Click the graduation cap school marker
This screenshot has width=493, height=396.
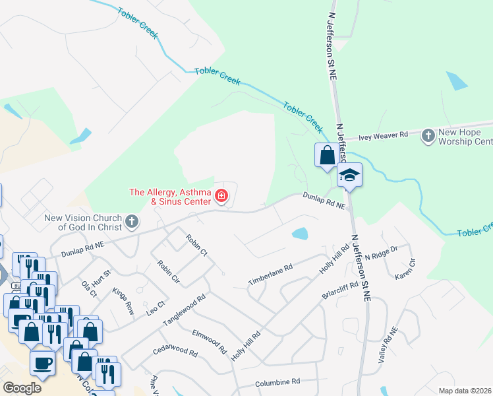350,176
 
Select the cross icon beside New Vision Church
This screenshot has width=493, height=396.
132,222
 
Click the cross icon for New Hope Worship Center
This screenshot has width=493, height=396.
428,134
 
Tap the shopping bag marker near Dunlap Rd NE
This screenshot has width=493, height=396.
327,156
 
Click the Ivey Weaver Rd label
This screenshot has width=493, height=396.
384,136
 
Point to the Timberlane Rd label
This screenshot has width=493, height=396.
270,275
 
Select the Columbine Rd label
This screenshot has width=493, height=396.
277,381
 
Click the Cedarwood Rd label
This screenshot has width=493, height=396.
175,350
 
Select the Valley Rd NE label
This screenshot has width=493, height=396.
388,346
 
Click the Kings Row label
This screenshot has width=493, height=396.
123,300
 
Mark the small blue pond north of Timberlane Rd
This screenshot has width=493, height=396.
300,233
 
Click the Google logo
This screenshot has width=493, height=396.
22,387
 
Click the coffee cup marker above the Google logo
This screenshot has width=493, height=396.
43,362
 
